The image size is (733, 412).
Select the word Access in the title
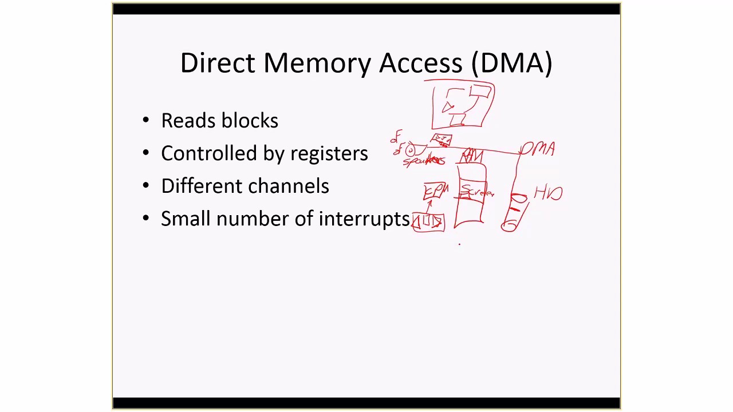420,62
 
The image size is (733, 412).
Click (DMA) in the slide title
511,62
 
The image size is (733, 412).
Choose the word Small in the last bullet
186,219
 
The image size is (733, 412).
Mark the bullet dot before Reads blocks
146,121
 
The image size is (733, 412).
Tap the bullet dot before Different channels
146,186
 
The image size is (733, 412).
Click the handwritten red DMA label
539,150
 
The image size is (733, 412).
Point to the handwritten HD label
548,193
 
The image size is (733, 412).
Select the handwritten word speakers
424,161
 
